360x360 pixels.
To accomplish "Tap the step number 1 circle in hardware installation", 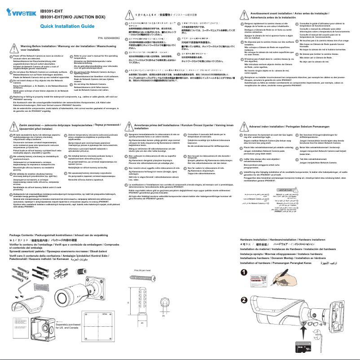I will click(x=243, y=272).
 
